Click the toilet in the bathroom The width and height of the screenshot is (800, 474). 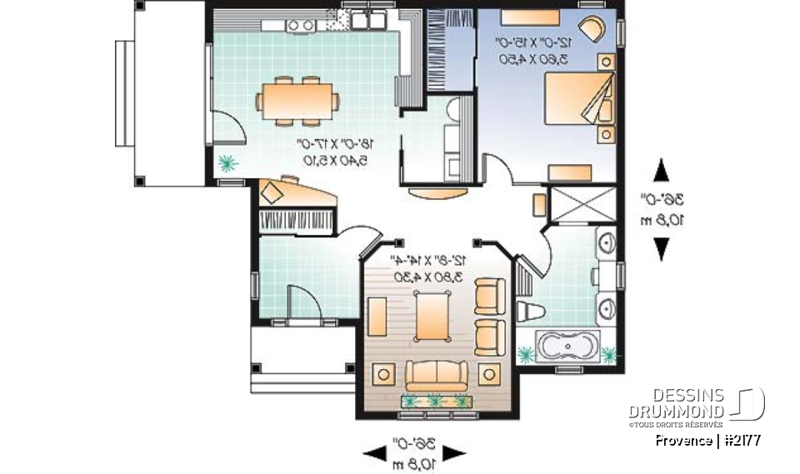[530, 312]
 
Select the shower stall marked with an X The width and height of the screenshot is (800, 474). [583, 205]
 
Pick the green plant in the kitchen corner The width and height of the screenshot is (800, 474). [227, 163]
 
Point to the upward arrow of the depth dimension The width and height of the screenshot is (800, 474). [661, 171]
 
